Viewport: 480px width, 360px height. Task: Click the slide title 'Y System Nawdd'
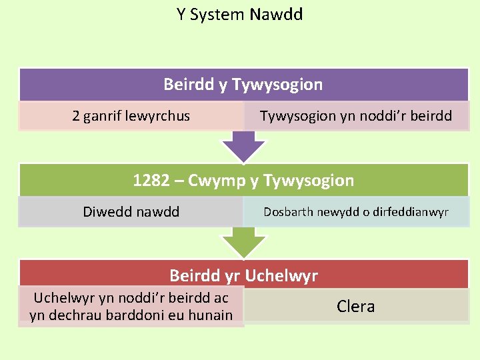[239, 14]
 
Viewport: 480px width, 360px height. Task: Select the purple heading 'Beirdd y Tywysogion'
[243, 85]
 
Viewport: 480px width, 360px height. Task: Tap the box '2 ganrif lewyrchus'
[131, 116]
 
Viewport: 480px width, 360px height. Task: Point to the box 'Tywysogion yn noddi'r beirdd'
[356, 116]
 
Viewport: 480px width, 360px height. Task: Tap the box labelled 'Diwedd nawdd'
[131, 212]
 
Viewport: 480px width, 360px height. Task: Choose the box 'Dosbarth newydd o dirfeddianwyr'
[356, 212]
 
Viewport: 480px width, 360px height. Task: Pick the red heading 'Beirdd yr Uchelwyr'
[243, 275]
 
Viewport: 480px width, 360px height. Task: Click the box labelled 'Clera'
[356, 307]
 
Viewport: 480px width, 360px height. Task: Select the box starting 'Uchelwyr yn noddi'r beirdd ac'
[131, 307]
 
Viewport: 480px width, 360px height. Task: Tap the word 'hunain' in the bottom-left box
[211, 315]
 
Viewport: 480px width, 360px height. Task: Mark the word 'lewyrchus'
[159, 116]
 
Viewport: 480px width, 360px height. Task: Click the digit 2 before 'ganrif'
[76, 116]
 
